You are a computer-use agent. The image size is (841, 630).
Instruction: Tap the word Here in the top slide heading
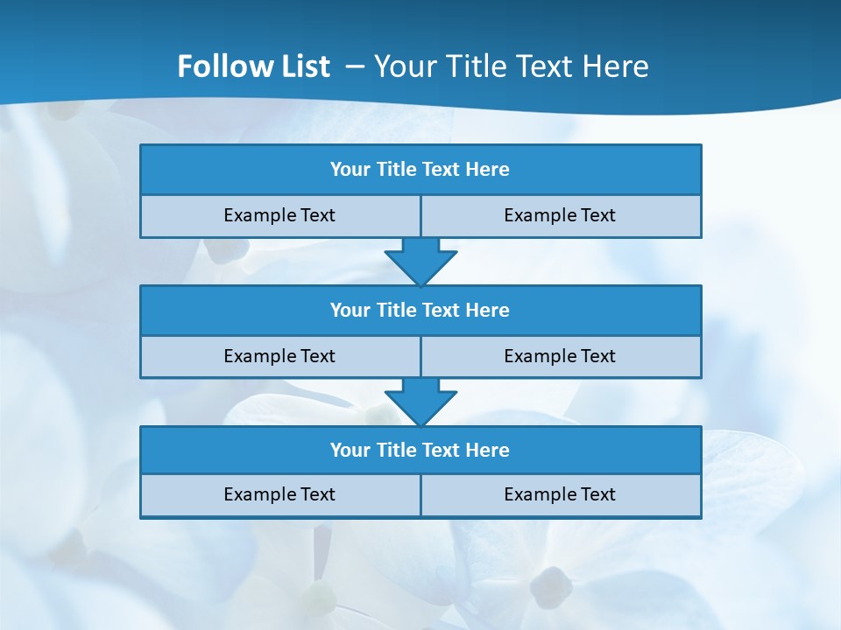(x=617, y=66)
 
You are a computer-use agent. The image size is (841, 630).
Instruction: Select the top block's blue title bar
(x=420, y=170)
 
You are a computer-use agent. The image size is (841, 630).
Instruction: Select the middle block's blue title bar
(x=420, y=310)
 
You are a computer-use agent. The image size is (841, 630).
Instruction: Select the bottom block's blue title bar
(x=420, y=450)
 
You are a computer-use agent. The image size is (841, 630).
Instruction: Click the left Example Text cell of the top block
(x=279, y=215)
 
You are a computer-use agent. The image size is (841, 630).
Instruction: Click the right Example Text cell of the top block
(x=560, y=215)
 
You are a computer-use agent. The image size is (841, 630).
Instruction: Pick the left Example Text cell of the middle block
(x=279, y=356)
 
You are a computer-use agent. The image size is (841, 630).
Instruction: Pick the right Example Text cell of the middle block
(x=560, y=356)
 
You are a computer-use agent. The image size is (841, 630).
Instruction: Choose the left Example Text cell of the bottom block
(x=279, y=494)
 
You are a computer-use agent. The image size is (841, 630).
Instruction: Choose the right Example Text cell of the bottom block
(x=560, y=494)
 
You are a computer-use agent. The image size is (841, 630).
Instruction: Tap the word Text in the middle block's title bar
(x=441, y=310)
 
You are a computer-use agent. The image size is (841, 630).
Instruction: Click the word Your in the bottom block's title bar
(x=350, y=450)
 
